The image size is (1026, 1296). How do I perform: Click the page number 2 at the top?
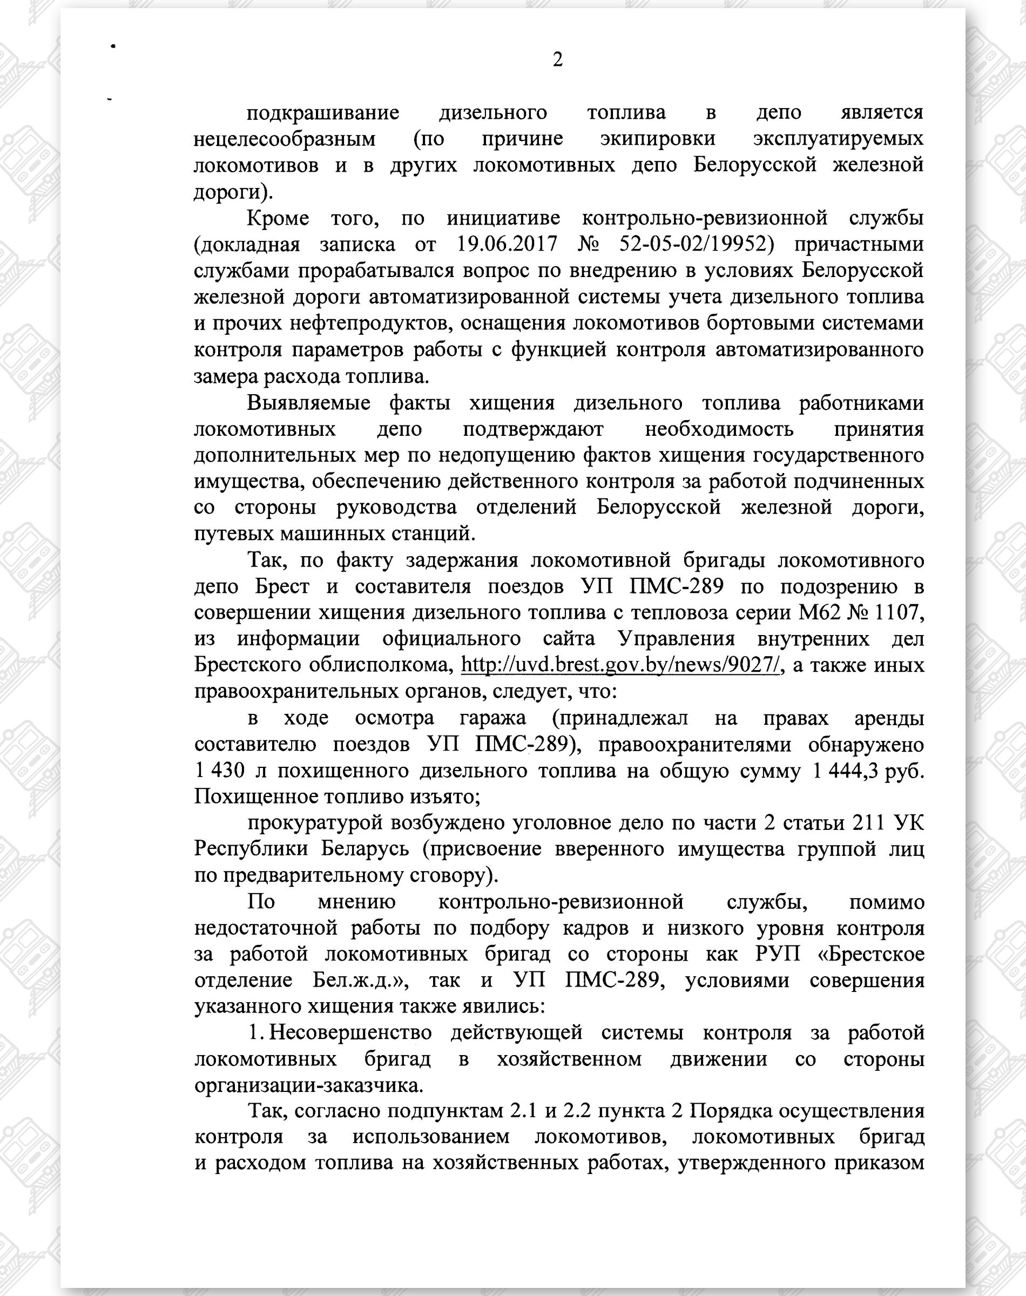pos(557,60)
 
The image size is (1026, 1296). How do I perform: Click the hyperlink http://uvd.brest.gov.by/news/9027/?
pos(619,665)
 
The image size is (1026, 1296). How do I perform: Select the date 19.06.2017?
pos(507,245)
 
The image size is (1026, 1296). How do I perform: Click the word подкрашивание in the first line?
pos(323,112)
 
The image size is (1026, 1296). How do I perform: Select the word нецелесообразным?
pos(285,139)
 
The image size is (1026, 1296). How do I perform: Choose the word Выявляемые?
pos(308,403)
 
